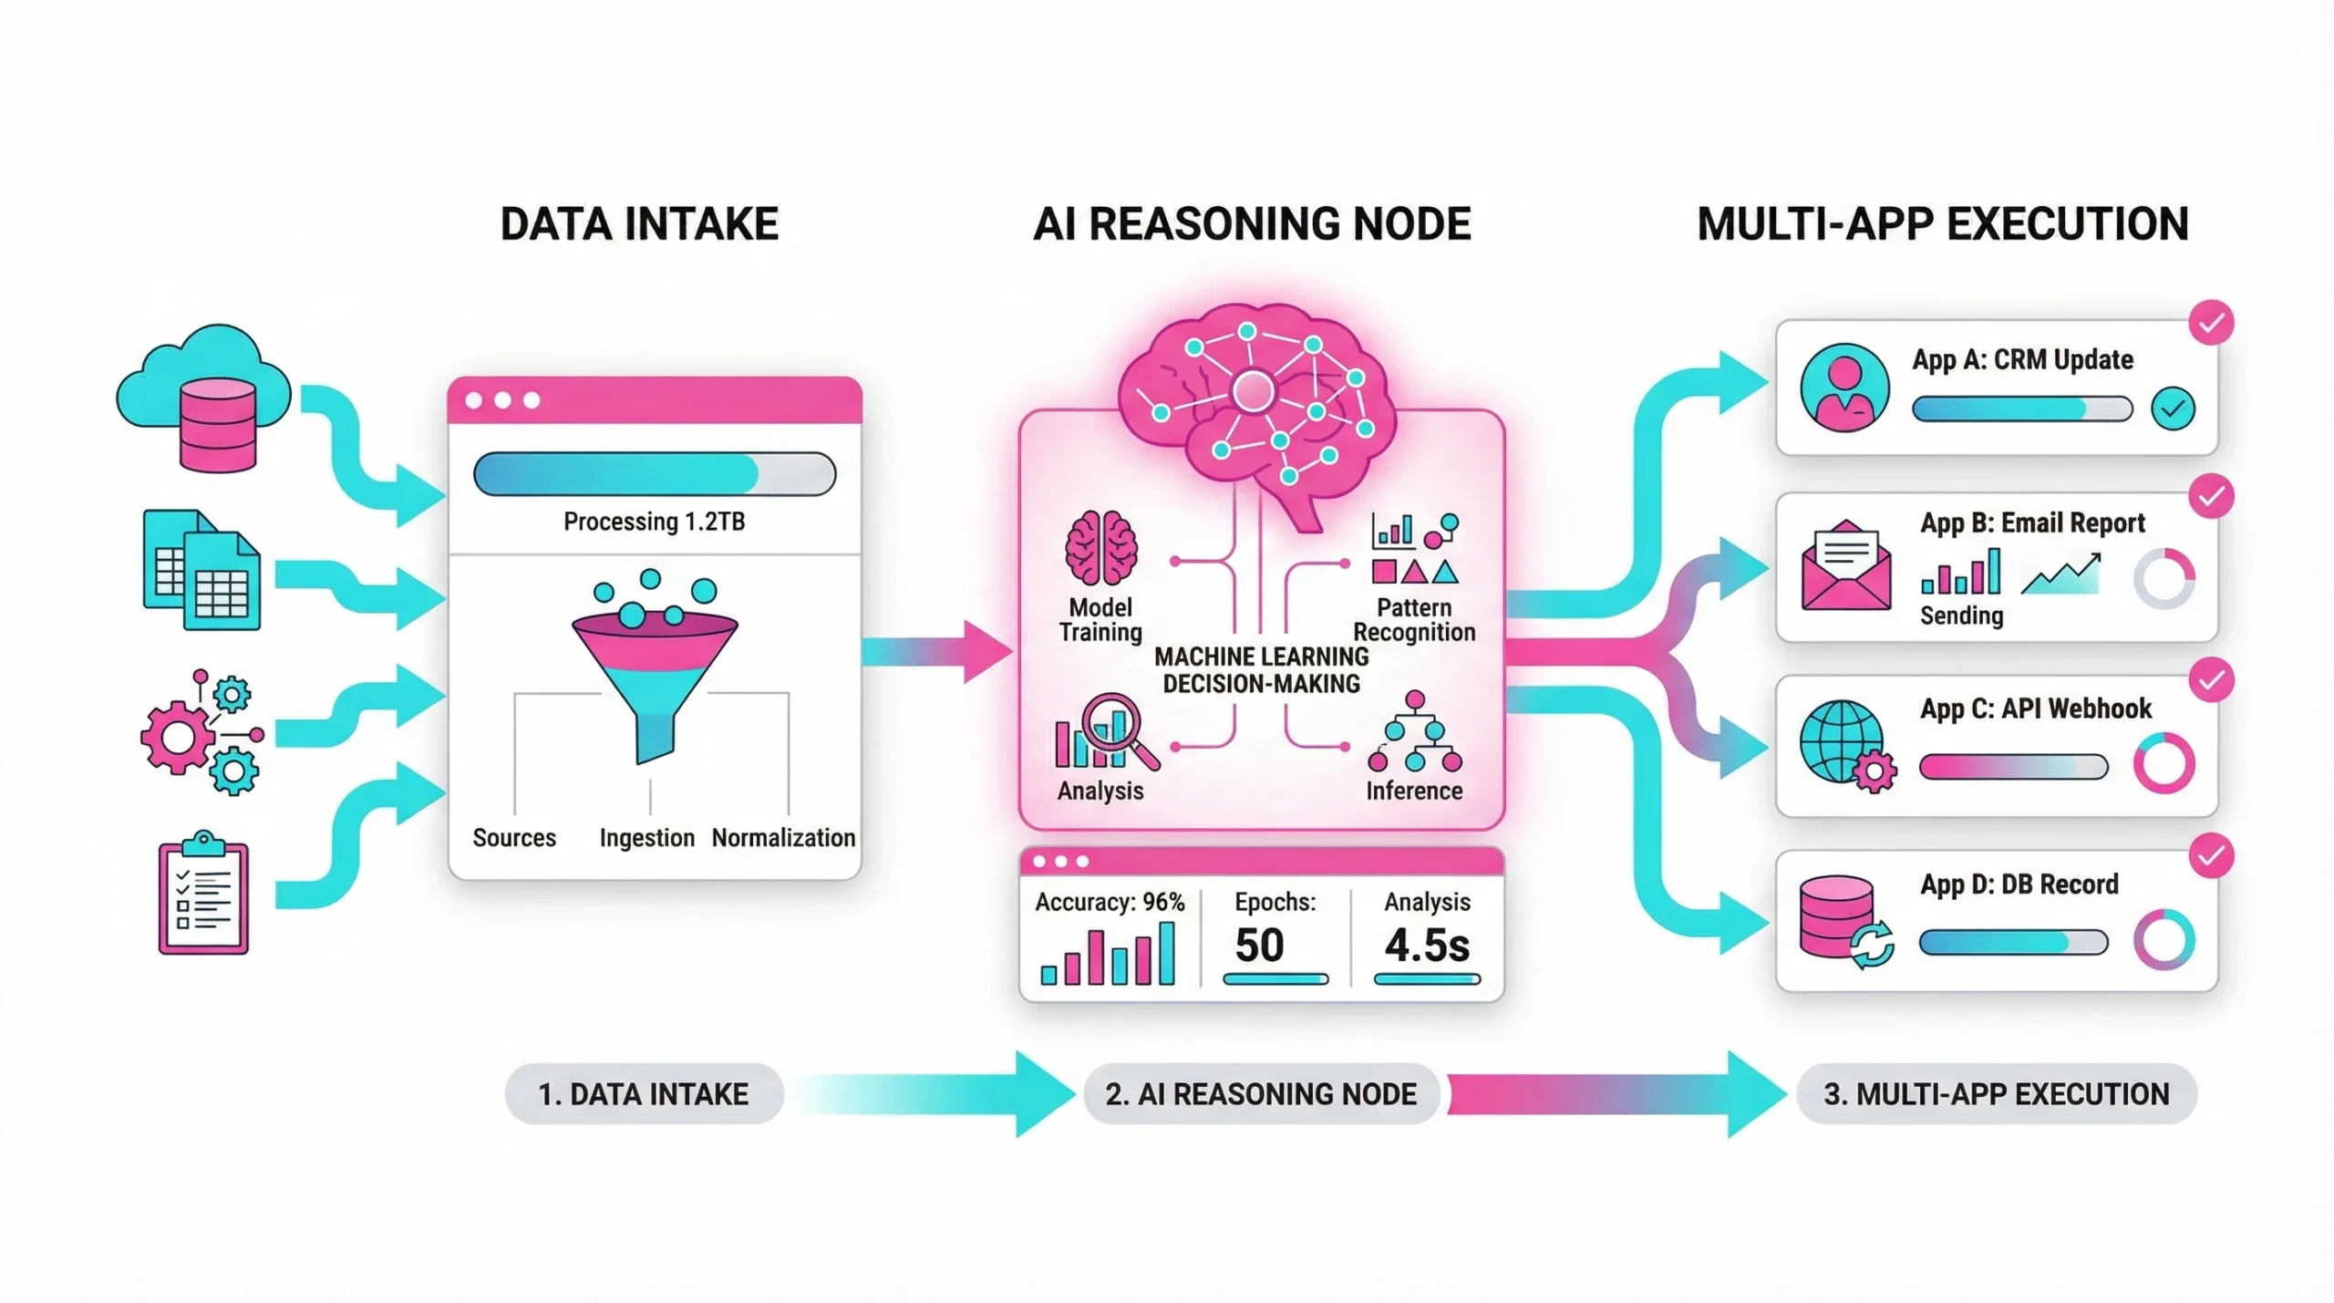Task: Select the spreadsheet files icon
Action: point(201,570)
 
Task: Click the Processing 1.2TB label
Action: point(654,522)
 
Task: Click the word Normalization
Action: point(783,837)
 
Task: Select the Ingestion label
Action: point(646,837)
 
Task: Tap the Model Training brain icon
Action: point(1100,548)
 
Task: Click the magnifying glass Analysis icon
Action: point(1105,732)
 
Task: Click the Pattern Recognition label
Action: point(1413,620)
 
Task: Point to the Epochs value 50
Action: point(1259,945)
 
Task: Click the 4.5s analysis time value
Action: point(1427,945)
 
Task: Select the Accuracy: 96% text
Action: point(1110,902)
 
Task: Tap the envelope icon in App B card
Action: point(1845,566)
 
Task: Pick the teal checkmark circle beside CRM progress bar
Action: point(2173,408)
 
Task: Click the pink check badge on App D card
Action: point(2211,855)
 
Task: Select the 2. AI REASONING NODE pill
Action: point(1261,1093)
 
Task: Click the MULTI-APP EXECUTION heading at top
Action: point(1942,224)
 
